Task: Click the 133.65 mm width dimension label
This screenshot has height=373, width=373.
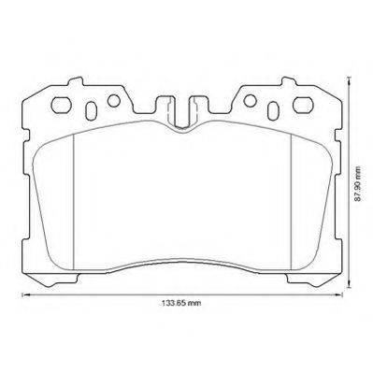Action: [181, 303]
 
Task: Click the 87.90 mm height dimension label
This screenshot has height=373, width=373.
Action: [358, 184]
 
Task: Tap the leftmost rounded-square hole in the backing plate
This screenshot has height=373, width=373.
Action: [61, 105]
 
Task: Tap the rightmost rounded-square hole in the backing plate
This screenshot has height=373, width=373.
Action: [303, 105]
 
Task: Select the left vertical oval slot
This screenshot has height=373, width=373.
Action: [91, 110]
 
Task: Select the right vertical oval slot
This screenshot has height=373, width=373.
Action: [273, 110]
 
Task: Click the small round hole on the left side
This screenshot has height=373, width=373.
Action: [114, 100]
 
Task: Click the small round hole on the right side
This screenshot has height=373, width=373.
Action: [250, 100]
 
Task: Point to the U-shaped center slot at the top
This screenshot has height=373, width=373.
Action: [182, 113]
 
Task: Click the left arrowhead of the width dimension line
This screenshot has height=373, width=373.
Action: [25, 294]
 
